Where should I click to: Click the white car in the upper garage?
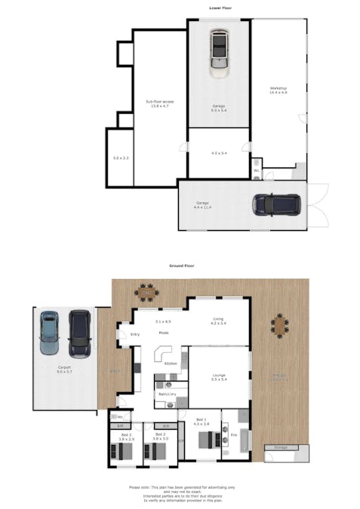pos(219,53)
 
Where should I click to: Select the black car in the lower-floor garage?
pos(277,204)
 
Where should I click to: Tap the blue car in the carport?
pos(50,333)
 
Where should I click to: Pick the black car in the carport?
pos(79,333)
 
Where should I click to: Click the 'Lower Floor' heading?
pos(220,8)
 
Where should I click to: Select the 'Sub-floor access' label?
pos(159,103)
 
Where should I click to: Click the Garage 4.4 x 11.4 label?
pos(203,204)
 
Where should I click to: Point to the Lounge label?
pos(218,375)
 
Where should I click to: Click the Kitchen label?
pos(171,363)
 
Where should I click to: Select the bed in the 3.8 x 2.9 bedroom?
pos(122,452)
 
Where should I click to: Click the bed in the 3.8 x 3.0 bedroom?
pos(155,452)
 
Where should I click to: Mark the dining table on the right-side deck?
pos(280,326)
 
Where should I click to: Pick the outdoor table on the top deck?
pos(144,290)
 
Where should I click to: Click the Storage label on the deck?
pos(281,447)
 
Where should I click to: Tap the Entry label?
pos(135,334)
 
